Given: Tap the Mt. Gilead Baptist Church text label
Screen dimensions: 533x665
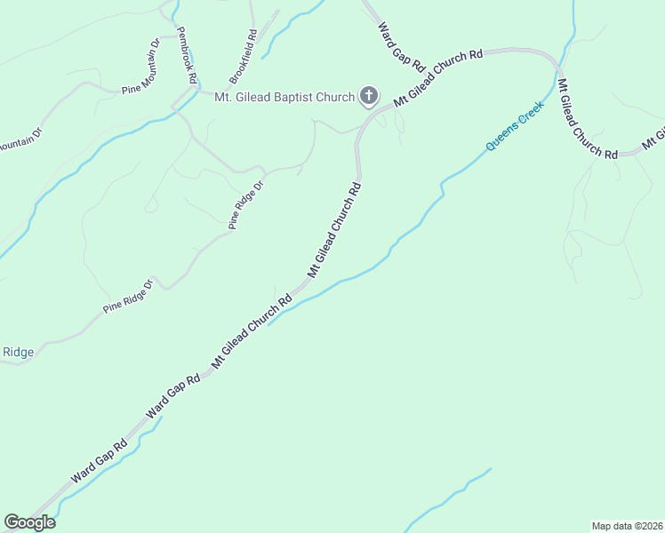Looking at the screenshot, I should tap(284, 97).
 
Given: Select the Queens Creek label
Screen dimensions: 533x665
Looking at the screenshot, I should tap(514, 130).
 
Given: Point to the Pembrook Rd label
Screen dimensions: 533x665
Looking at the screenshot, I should tap(186, 54).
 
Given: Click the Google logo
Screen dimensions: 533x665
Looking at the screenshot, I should tap(29, 522).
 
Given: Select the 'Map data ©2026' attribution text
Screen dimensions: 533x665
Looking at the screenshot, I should tap(627, 526).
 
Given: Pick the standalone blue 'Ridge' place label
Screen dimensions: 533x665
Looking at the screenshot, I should tap(18, 353).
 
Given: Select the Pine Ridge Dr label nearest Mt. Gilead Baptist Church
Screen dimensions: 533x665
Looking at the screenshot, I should tap(247, 205).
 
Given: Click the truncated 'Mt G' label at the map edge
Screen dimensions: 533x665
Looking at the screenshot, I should tap(653, 139).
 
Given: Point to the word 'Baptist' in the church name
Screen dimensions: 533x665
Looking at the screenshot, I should tap(308, 97).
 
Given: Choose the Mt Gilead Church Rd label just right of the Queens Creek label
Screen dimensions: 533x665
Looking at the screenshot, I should tap(586, 119).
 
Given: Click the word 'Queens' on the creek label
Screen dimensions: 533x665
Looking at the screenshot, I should tap(500, 140).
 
